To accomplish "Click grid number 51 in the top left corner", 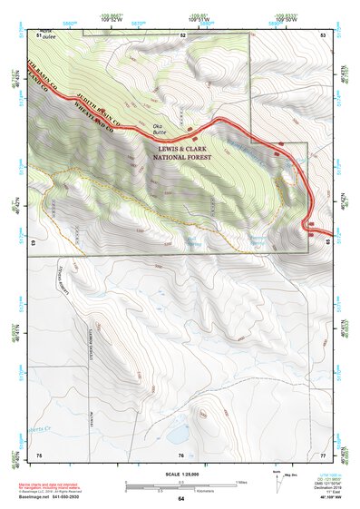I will coord(40,34).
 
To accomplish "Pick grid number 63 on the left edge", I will coord(34,244).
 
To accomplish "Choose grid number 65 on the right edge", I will coord(327,242).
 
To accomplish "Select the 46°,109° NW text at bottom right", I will coord(323,500).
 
